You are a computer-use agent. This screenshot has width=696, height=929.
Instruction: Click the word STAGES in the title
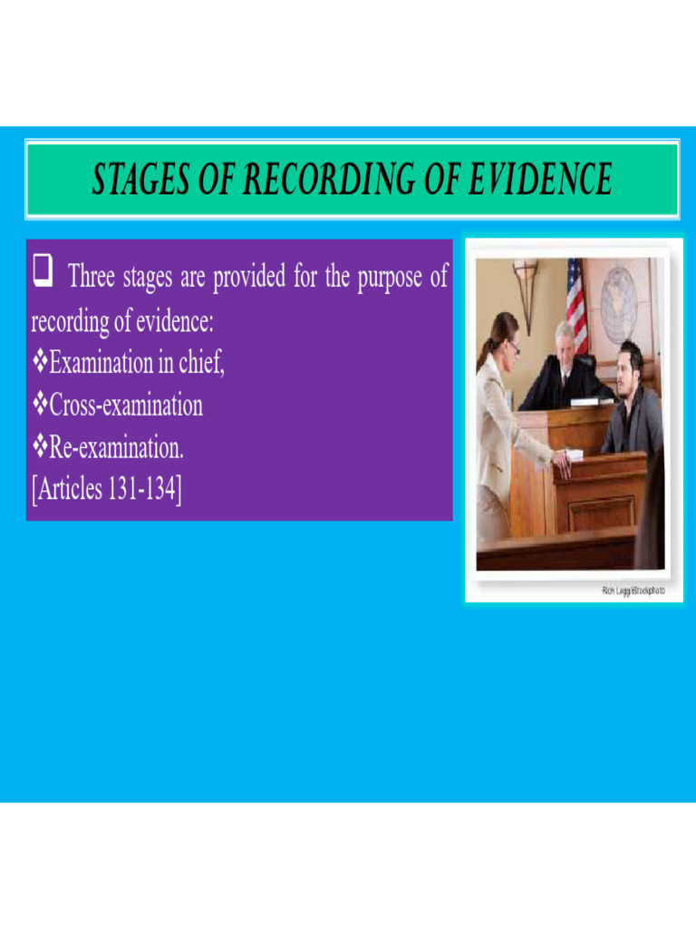click(x=137, y=180)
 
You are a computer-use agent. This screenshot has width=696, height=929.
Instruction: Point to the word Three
click(x=92, y=277)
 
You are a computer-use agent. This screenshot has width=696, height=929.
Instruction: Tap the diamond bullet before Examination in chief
click(x=39, y=364)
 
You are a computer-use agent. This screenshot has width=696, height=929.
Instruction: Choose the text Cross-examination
click(x=126, y=406)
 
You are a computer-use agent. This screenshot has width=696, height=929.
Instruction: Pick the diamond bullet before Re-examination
click(x=39, y=447)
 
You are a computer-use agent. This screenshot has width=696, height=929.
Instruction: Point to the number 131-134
click(x=145, y=490)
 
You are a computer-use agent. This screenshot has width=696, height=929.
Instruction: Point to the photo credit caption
click(x=633, y=591)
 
